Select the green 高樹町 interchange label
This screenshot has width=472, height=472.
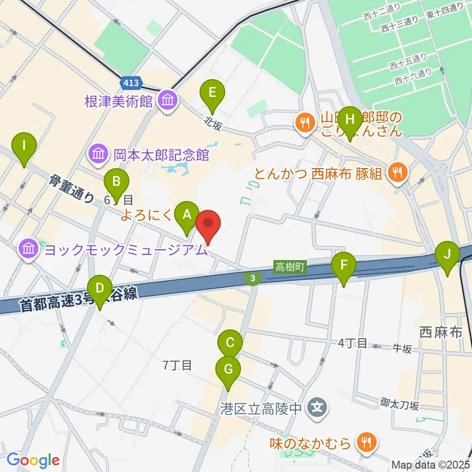[291, 267]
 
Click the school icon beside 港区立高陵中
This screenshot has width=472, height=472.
[317, 407]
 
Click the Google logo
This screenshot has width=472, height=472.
[33, 460]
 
